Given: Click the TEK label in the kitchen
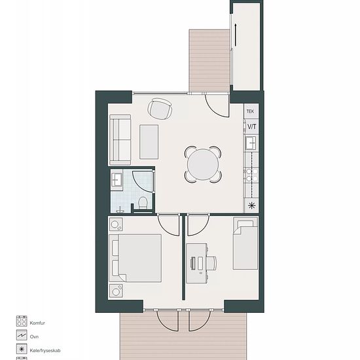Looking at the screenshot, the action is click(x=250, y=111).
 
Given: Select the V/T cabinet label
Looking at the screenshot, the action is click(x=251, y=126).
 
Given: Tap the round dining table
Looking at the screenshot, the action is click(x=203, y=164).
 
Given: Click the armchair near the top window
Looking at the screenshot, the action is click(x=160, y=109).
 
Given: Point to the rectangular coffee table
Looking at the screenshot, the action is click(x=149, y=142).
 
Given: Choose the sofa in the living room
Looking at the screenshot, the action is click(x=120, y=140).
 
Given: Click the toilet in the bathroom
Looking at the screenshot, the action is click(x=143, y=203).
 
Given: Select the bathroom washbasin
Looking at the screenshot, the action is click(x=117, y=179).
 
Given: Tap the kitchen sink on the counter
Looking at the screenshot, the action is click(x=251, y=143).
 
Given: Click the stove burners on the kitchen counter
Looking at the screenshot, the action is click(x=251, y=175).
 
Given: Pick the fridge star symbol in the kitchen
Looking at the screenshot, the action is click(x=251, y=206).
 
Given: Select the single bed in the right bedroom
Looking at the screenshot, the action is click(x=245, y=243).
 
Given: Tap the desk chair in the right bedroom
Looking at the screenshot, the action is click(x=211, y=263).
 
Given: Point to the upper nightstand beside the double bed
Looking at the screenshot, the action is click(x=116, y=225).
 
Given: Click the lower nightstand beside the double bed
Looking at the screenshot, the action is click(x=116, y=291).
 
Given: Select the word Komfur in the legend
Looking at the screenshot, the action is click(x=37, y=323).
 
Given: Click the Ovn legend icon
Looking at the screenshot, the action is click(x=22, y=335).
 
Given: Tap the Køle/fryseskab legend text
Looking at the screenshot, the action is click(x=45, y=351).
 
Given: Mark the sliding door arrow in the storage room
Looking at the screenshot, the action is click(x=236, y=35).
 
